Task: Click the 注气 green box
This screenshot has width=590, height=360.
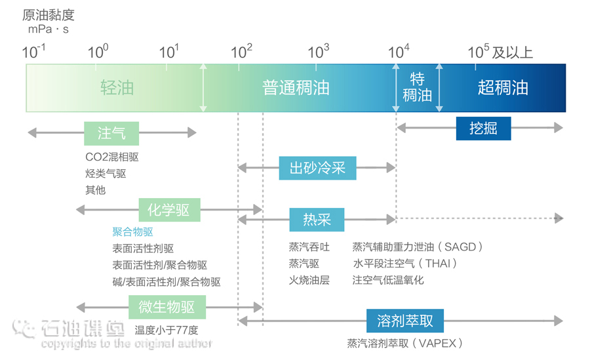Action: click(x=111, y=133)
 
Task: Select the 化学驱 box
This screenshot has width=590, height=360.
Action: click(x=169, y=210)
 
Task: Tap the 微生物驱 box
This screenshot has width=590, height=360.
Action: click(x=167, y=308)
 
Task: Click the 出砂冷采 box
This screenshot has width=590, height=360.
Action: click(x=317, y=169)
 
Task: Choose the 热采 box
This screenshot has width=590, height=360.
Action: click(x=317, y=219)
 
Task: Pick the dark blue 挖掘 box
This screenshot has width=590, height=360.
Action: click(x=483, y=128)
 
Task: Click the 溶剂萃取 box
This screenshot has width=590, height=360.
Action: click(x=405, y=321)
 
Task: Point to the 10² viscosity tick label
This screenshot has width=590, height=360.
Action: click(x=242, y=52)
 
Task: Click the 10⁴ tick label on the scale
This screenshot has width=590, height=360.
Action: click(x=399, y=52)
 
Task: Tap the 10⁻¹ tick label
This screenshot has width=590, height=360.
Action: click(x=34, y=52)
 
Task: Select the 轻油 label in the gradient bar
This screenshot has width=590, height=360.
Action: click(x=117, y=88)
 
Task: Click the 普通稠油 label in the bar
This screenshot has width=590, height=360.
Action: click(x=296, y=88)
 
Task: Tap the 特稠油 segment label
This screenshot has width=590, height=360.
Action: click(x=417, y=88)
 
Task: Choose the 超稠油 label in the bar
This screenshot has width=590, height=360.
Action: click(x=503, y=88)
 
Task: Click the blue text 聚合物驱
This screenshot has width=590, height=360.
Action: click(x=133, y=232)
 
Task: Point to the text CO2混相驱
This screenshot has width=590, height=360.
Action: click(x=112, y=157)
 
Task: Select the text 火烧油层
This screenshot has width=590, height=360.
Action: click(x=309, y=280)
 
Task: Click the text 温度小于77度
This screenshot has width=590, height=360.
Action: click(x=167, y=330)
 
